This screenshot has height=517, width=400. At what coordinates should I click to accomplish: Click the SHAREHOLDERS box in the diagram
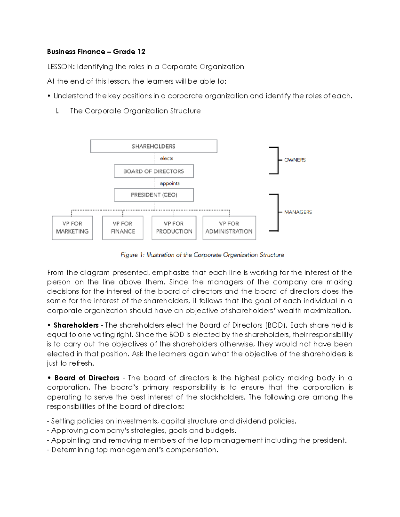point(154,146)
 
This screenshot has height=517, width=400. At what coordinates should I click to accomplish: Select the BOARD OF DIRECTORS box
point(154,171)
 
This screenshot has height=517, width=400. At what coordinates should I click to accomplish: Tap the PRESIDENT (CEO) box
point(154,195)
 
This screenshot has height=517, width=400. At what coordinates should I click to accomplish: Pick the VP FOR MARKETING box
point(72,228)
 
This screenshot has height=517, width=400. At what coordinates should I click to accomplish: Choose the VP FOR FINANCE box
point(123,228)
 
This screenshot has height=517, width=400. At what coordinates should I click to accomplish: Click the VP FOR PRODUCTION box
point(174,228)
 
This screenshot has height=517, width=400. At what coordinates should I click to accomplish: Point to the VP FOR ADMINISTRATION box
point(229,228)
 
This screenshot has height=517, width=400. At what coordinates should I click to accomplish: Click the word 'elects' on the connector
point(166,158)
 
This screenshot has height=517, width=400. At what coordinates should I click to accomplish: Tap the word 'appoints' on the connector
point(170,183)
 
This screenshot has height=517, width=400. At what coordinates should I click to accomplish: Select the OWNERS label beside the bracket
point(295,160)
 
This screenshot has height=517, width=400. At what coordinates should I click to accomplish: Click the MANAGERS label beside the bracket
point(298,212)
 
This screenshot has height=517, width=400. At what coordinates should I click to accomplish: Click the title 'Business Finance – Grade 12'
point(96,52)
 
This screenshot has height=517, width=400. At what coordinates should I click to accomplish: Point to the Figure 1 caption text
point(202,255)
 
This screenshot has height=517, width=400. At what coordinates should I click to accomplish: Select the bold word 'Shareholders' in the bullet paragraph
point(76,325)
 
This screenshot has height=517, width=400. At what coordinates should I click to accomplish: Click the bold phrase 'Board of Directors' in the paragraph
point(87,378)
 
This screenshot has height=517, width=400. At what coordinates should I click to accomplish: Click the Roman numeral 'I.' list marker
point(57,111)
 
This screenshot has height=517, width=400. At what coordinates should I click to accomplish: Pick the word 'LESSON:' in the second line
point(61,67)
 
